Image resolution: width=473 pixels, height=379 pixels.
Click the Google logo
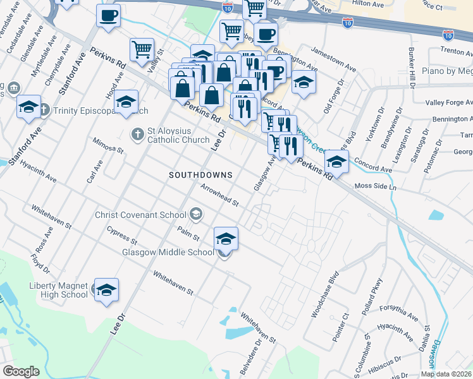click(x=21, y=371)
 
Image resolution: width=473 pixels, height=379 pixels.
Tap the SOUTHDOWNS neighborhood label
click(x=200, y=174)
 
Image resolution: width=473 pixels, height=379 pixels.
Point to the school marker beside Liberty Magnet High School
click(x=106, y=289)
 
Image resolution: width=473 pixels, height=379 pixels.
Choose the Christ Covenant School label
click(x=140, y=215)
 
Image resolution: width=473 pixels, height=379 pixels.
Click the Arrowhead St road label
click(x=219, y=195)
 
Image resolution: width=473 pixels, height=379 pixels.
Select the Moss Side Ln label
click(x=375, y=188)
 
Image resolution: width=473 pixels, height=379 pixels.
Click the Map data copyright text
click(x=445, y=374)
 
